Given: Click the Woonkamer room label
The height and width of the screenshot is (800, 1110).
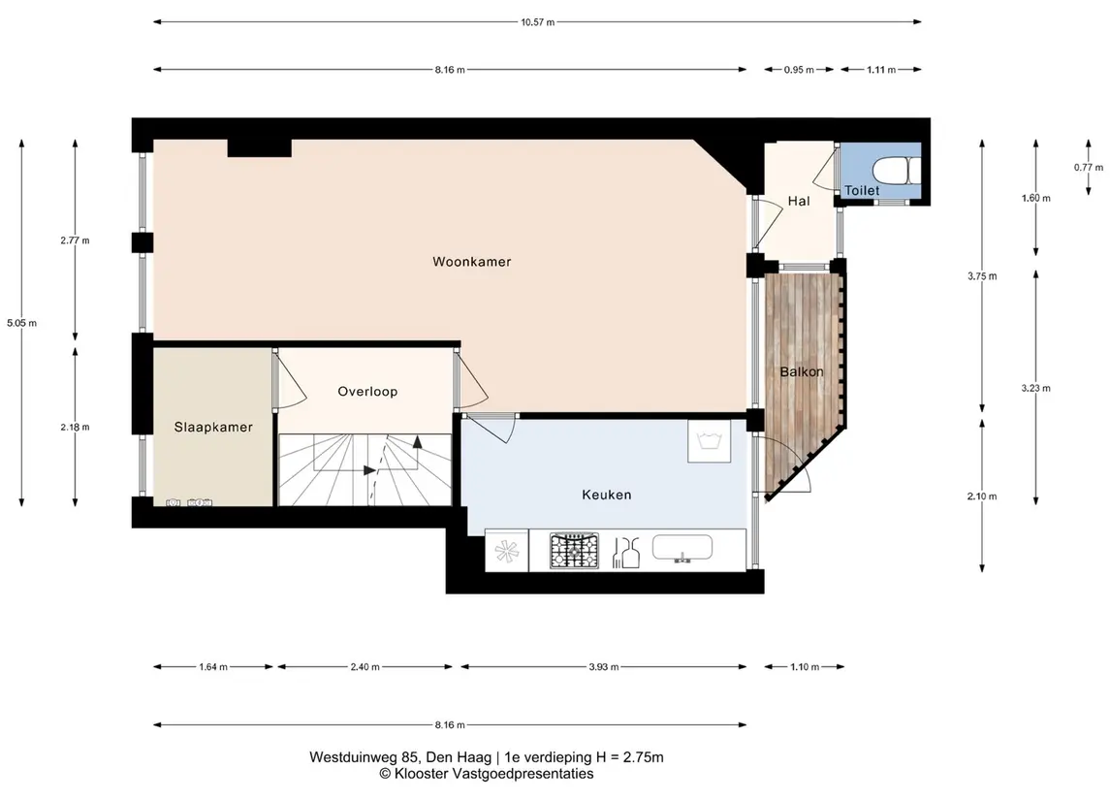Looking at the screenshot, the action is [x=471, y=262].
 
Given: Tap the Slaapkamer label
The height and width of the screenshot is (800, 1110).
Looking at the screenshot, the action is [x=213, y=427].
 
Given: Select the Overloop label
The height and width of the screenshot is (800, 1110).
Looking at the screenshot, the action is [x=367, y=392].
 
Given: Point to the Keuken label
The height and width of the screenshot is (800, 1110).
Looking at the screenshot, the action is [x=607, y=495].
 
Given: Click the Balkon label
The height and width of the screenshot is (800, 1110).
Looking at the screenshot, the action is [x=802, y=371].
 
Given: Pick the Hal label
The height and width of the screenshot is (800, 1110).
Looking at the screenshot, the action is [x=799, y=201].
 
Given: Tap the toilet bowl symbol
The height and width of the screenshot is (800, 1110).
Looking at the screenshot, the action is [x=896, y=171].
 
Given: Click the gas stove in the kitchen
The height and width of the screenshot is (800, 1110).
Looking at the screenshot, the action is [x=574, y=551].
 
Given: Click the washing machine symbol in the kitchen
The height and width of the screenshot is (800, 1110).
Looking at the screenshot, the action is [x=710, y=442].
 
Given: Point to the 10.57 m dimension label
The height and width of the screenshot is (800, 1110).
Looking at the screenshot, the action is [x=538, y=22].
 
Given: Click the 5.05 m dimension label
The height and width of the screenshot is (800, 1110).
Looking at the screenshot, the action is [x=22, y=323].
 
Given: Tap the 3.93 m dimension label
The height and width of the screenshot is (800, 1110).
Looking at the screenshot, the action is [x=604, y=667].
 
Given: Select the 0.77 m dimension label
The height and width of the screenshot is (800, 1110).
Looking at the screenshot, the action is [x=1088, y=168].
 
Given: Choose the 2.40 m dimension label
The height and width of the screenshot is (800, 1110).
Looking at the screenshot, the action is [x=365, y=667].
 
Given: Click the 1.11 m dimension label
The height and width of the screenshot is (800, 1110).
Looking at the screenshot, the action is [x=881, y=70].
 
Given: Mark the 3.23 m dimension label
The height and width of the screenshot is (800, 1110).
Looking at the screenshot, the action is [x=1035, y=388].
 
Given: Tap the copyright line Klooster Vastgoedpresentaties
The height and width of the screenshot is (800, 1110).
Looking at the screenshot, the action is [x=493, y=774].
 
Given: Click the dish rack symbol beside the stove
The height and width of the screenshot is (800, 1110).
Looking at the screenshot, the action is [x=626, y=553].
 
